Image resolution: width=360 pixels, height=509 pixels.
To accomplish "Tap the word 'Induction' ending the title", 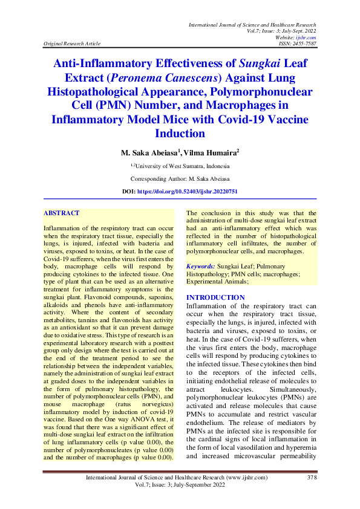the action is click(180, 134).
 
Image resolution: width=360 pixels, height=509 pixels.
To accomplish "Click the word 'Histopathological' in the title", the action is click(110, 91).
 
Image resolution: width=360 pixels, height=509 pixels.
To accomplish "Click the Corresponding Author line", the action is click(180, 178).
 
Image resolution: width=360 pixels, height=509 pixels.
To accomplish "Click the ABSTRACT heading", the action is click(61, 213).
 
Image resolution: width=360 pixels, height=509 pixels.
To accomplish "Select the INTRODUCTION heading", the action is click(215, 297).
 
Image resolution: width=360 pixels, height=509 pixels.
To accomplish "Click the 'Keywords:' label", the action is click(200, 266).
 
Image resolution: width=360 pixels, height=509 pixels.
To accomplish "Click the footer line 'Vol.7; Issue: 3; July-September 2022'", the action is click(180, 485).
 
